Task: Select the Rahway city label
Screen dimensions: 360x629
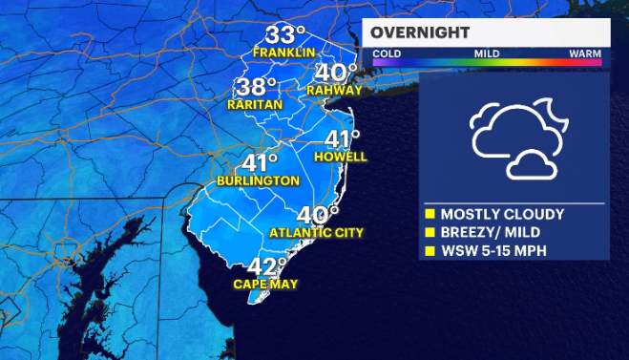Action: click(335, 91)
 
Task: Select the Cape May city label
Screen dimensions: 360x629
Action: click(265, 285)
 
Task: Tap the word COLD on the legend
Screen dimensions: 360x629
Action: click(387, 54)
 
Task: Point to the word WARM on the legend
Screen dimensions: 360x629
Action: click(584, 54)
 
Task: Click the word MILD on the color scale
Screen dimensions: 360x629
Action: click(488, 54)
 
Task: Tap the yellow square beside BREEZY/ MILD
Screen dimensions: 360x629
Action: click(430, 233)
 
